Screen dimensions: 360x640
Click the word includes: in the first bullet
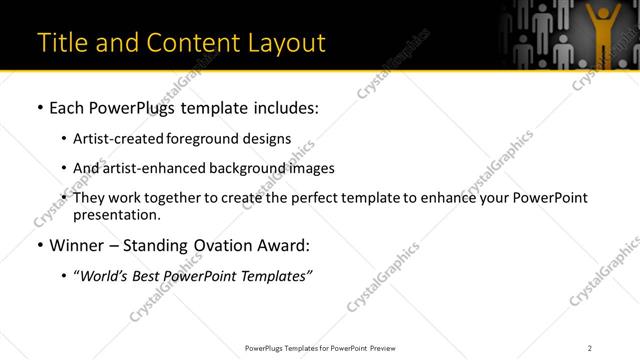pyautogui.click(x=281, y=107)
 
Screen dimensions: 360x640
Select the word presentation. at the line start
pyautogui.click(x=116, y=215)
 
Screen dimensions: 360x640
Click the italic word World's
pyautogui.click(x=104, y=276)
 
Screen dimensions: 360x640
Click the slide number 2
pyautogui.click(x=589, y=348)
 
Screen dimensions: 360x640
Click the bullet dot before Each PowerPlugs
pyautogui.click(x=39, y=107)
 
